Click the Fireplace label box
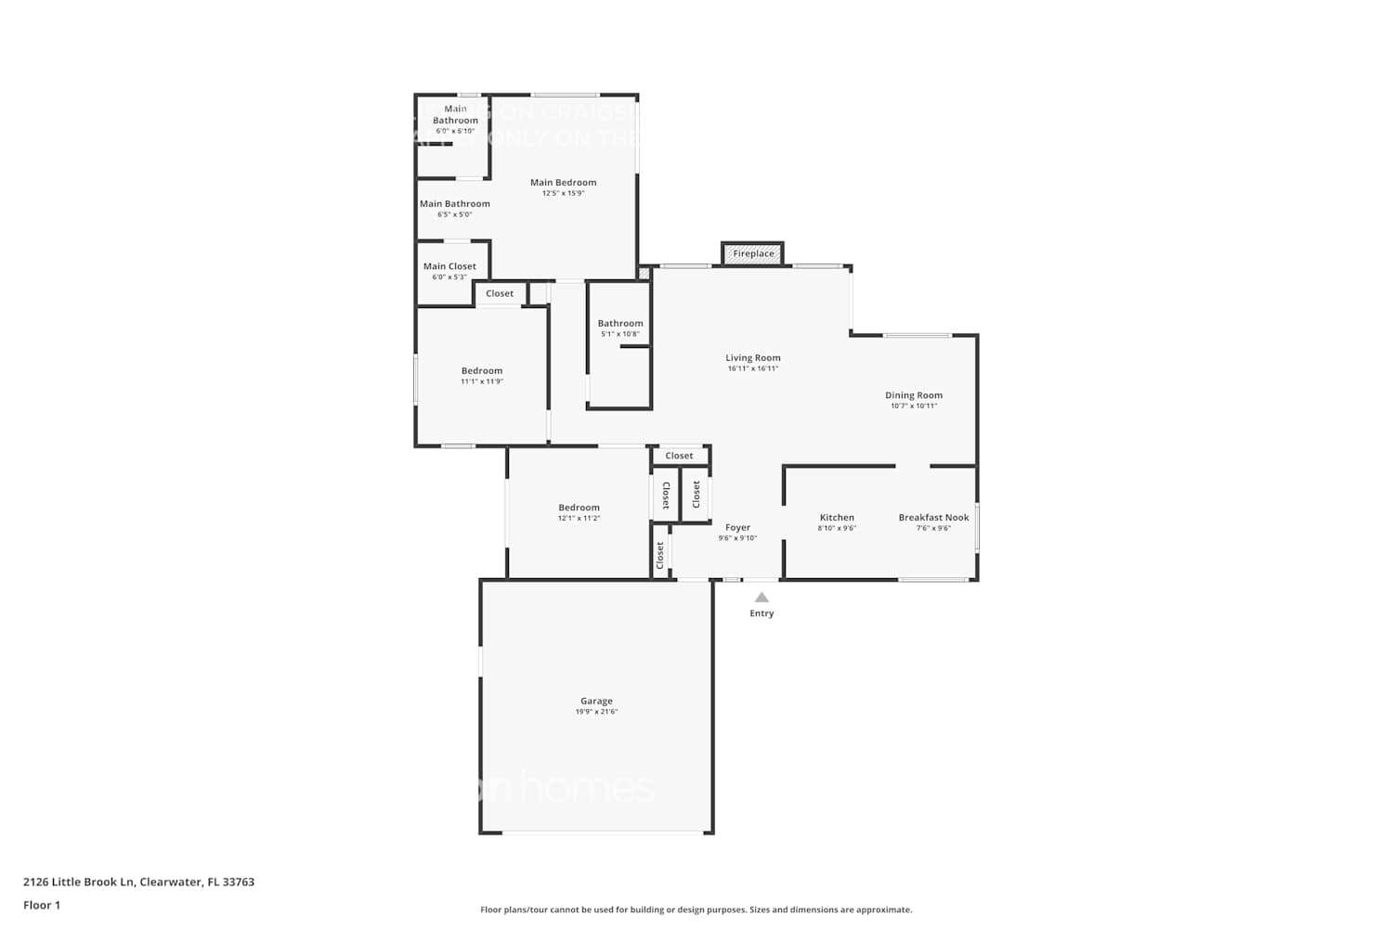753,253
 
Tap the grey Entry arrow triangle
762,598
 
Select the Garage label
596,702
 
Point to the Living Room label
753,357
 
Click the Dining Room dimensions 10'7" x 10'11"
914,406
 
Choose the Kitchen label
837,517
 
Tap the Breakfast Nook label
933,517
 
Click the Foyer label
737,527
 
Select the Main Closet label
449,266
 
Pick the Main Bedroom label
563,183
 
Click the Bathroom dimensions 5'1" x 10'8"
620,334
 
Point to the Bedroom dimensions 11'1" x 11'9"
482,381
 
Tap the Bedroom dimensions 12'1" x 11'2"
579,518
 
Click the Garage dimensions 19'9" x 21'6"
596,712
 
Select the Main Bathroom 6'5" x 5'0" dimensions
455,214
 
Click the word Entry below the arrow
762,613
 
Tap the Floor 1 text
42,905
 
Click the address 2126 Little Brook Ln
79,882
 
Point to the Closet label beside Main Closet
500,293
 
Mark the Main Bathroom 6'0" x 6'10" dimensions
455,131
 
